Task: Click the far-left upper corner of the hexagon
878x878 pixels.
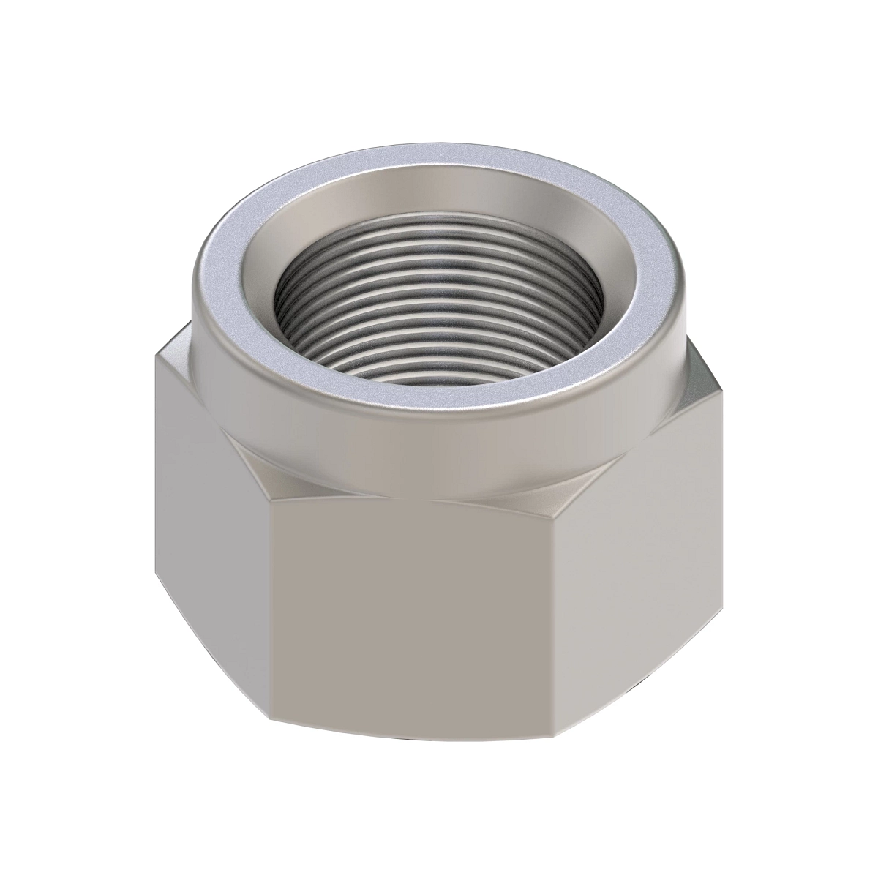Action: (156, 356)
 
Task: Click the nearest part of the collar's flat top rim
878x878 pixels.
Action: (439, 400)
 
